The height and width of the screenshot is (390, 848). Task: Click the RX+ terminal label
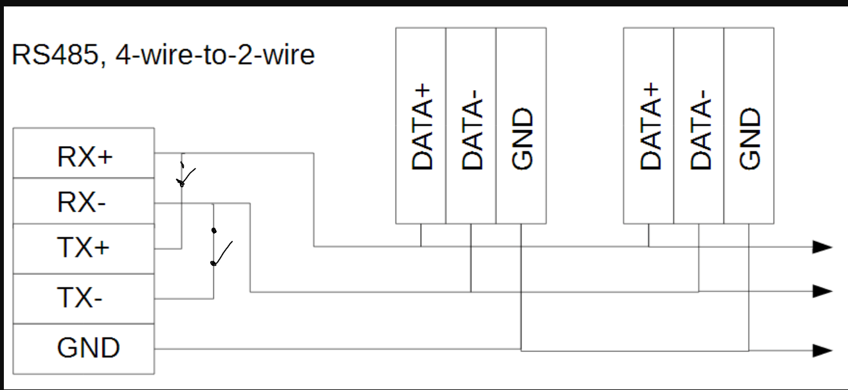(x=85, y=156)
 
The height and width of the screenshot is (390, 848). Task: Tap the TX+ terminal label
(x=84, y=248)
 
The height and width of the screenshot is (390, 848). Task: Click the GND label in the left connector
(x=88, y=348)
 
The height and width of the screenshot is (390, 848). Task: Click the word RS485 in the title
(x=53, y=56)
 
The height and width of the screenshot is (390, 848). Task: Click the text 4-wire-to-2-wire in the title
(x=216, y=56)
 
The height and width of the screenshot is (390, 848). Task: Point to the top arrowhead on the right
(x=822, y=246)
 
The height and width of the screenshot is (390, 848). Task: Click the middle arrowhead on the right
(x=822, y=291)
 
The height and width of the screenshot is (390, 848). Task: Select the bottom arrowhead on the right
(x=822, y=351)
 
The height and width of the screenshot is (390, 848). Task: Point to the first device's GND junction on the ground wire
(x=521, y=350)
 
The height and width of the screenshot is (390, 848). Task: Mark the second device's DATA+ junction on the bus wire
(x=649, y=246)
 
